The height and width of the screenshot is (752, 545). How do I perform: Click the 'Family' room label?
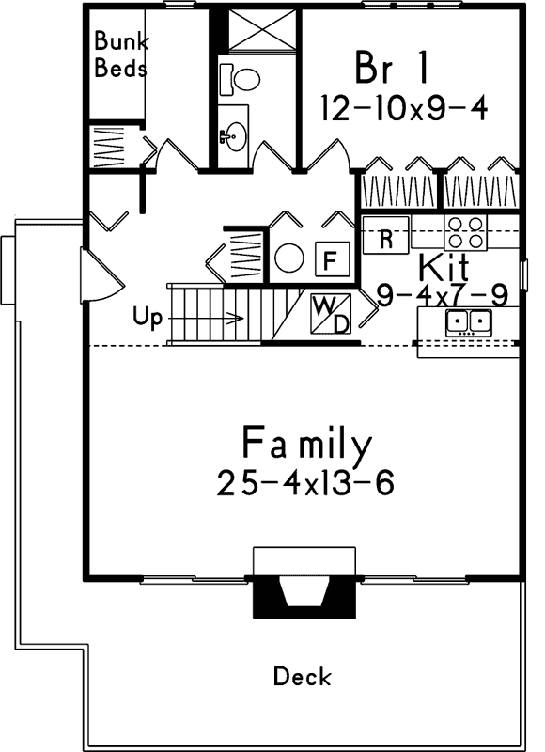coord(306,442)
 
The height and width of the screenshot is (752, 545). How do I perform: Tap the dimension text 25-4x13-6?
coord(304,483)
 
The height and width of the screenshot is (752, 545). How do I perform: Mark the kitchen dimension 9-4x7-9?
coord(442,294)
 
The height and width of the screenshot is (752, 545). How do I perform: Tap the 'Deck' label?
coord(302,676)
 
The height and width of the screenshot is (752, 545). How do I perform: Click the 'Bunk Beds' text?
coord(121,55)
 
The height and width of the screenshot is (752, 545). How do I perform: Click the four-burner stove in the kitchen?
coord(466,233)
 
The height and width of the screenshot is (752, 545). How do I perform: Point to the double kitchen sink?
coord(469,322)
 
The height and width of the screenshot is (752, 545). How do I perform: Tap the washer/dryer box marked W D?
coord(330,314)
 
